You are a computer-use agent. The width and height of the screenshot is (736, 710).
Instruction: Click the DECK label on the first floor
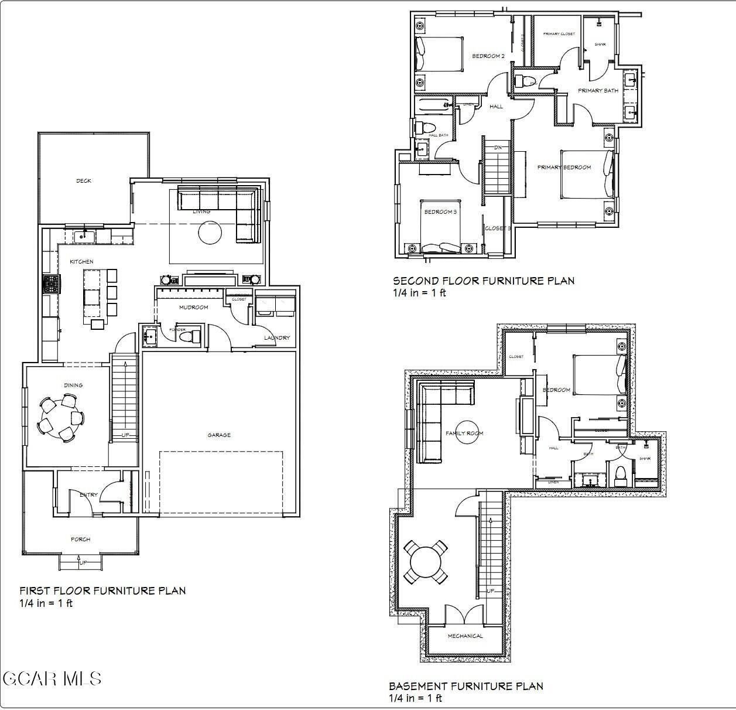[84, 181]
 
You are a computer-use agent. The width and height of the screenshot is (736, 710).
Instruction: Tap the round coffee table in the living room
[210, 233]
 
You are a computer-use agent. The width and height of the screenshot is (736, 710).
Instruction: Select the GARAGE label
[219, 435]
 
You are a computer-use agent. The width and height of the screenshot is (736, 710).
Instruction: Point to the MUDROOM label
[193, 307]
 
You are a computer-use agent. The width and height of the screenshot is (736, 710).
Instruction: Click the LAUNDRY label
[276, 338]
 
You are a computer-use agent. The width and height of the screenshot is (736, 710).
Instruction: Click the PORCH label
[80, 540]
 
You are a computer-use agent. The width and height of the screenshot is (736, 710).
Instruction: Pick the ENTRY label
[88, 495]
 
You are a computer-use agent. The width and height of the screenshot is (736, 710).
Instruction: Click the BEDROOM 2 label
[488, 56]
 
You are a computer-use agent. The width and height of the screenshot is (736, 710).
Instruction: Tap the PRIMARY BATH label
[598, 91]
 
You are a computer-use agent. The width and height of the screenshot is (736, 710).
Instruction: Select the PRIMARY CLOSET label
[559, 34]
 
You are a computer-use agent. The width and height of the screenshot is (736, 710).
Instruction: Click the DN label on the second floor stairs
[498, 148]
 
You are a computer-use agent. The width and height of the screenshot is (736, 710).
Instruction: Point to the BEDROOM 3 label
[440, 211]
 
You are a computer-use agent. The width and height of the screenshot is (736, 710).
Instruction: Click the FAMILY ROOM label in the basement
[464, 433]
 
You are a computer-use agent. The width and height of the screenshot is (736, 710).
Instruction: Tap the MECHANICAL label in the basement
[465, 636]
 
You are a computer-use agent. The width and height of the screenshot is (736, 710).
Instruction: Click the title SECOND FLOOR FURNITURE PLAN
[483, 281]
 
